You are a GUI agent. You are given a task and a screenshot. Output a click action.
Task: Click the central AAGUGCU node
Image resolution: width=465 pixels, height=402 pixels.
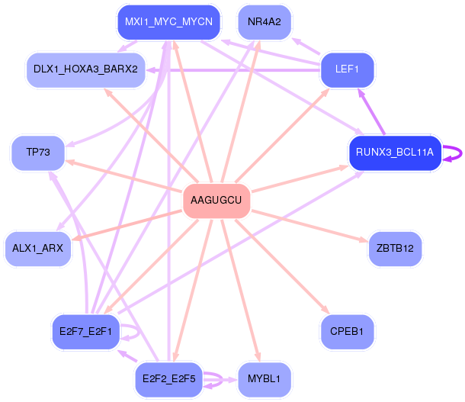(x=216, y=201)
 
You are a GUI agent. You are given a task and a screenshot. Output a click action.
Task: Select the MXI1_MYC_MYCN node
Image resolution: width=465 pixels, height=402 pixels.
(x=168, y=22)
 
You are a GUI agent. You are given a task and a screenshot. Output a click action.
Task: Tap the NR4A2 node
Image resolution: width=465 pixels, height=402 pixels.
(x=265, y=22)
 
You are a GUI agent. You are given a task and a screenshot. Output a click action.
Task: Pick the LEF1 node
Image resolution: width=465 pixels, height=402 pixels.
(x=348, y=70)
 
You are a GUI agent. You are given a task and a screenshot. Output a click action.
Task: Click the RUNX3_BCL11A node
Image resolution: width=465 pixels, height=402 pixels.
(x=395, y=153)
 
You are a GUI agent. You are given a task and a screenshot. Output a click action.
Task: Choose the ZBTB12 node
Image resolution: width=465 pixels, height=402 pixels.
(x=395, y=249)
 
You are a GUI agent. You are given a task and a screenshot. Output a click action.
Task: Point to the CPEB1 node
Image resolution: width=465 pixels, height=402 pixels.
(x=347, y=332)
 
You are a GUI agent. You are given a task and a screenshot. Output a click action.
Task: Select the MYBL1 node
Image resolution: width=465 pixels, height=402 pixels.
(x=265, y=379)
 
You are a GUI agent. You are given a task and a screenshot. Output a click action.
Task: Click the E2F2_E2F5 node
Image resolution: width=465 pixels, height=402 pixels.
(x=169, y=379)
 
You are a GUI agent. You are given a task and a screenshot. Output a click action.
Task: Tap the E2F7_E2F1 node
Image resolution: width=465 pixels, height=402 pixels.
(x=85, y=332)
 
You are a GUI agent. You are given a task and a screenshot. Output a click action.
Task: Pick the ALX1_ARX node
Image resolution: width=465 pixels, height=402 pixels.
(x=38, y=249)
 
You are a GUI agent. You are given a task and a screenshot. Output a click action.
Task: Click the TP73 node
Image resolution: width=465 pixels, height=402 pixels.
(x=38, y=153)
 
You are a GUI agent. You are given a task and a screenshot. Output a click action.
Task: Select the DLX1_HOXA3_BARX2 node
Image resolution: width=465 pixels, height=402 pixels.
(x=85, y=70)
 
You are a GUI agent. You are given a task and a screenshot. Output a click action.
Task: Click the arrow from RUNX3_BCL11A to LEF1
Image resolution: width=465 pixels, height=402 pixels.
(x=371, y=111)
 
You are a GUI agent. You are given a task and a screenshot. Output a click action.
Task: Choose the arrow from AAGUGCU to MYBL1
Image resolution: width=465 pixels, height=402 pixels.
(x=241, y=291)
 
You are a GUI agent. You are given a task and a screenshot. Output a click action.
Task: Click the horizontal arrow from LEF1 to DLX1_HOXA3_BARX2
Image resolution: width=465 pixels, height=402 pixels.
(x=233, y=70)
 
